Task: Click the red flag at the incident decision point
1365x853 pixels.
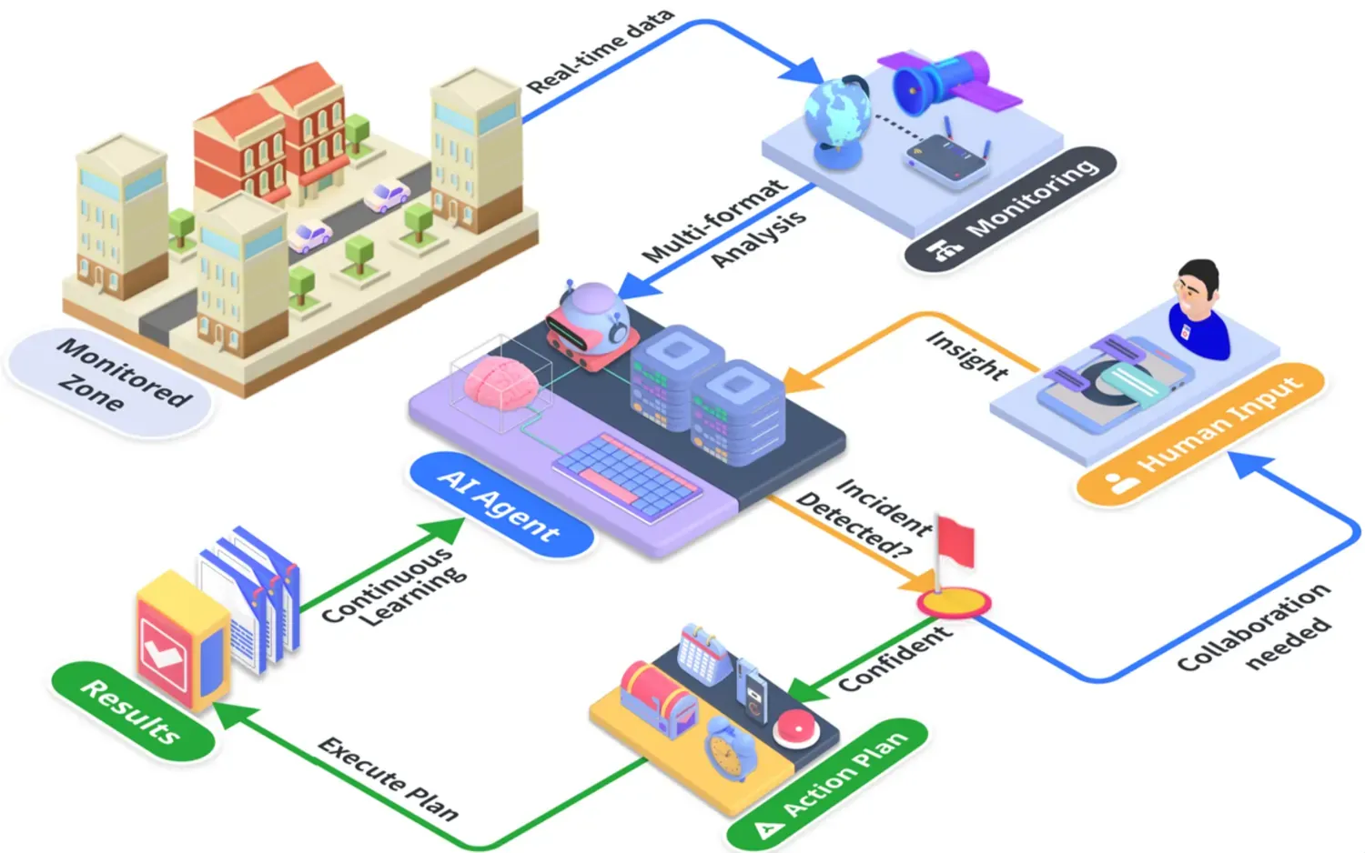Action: (x=956, y=543)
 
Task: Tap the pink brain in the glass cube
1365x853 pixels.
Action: (x=502, y=386)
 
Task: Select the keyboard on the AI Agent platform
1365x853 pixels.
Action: (x=628, y=477)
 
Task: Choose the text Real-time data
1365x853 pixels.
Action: (x=601, y=51)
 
